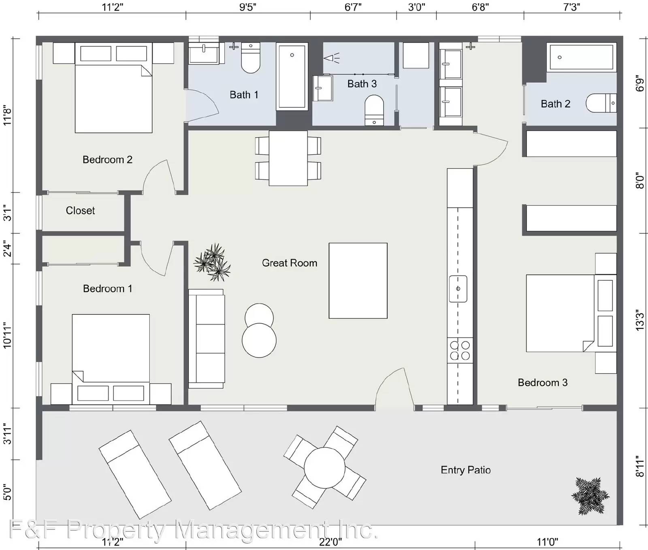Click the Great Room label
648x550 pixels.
click(x=289, y=263)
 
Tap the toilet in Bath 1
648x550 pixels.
click(x=251, y=59)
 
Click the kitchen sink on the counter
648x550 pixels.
click(x=458, y=289)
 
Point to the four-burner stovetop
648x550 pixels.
click(x=460, y=350)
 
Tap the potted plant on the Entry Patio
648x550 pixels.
click(x=590, y=496)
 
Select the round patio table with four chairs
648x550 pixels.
click(x=324, y=467)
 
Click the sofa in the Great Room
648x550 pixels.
click(x=207, y=339)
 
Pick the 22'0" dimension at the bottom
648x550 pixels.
click(x=330, y=542)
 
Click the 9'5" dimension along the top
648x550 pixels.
click(x=247, y=7)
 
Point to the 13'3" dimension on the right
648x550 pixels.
click(x=639, y=320)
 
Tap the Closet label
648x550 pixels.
click(x=80, y=211)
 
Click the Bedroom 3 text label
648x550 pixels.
click(x=542, y=382)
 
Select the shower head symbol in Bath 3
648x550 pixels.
click(x=331, y=58)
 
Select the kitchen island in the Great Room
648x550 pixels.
click(x=358, y=281)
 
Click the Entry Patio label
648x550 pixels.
click(x=465, y=470)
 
